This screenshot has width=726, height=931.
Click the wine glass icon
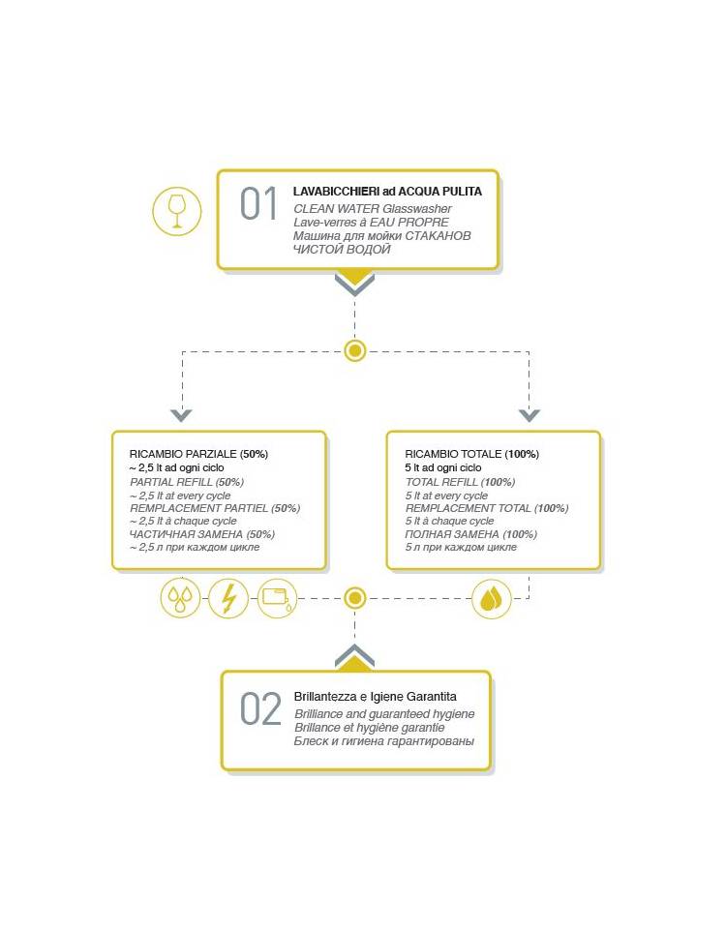point(177,211)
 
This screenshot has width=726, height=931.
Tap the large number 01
point(259,203)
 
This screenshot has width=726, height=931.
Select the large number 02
point(260,709)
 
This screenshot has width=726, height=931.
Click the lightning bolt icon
point(228,598)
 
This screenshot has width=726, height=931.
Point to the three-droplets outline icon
point(181,598)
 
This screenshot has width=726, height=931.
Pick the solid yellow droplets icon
point(492,598)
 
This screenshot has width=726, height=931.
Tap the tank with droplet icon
point(277,598)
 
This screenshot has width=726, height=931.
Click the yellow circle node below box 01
point(354,351)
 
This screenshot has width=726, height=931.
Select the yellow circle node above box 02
point(354,598)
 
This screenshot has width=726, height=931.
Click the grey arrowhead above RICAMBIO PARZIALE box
point(181,415)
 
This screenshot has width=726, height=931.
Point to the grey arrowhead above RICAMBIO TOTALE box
point(529,415)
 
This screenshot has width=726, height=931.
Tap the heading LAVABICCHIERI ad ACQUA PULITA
point(387,192)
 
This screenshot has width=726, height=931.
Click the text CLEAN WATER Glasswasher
point(373,208)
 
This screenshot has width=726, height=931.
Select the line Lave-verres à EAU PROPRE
point(372,222)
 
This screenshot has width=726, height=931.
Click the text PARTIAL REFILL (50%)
point(187,482)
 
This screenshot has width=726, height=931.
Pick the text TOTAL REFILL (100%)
point(461,482)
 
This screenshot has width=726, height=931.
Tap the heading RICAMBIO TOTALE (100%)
point(472,454)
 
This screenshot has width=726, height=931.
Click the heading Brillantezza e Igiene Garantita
point(376,697)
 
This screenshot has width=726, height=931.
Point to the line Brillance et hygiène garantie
point(370,728)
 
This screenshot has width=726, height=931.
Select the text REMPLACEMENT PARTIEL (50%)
point(215,508)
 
